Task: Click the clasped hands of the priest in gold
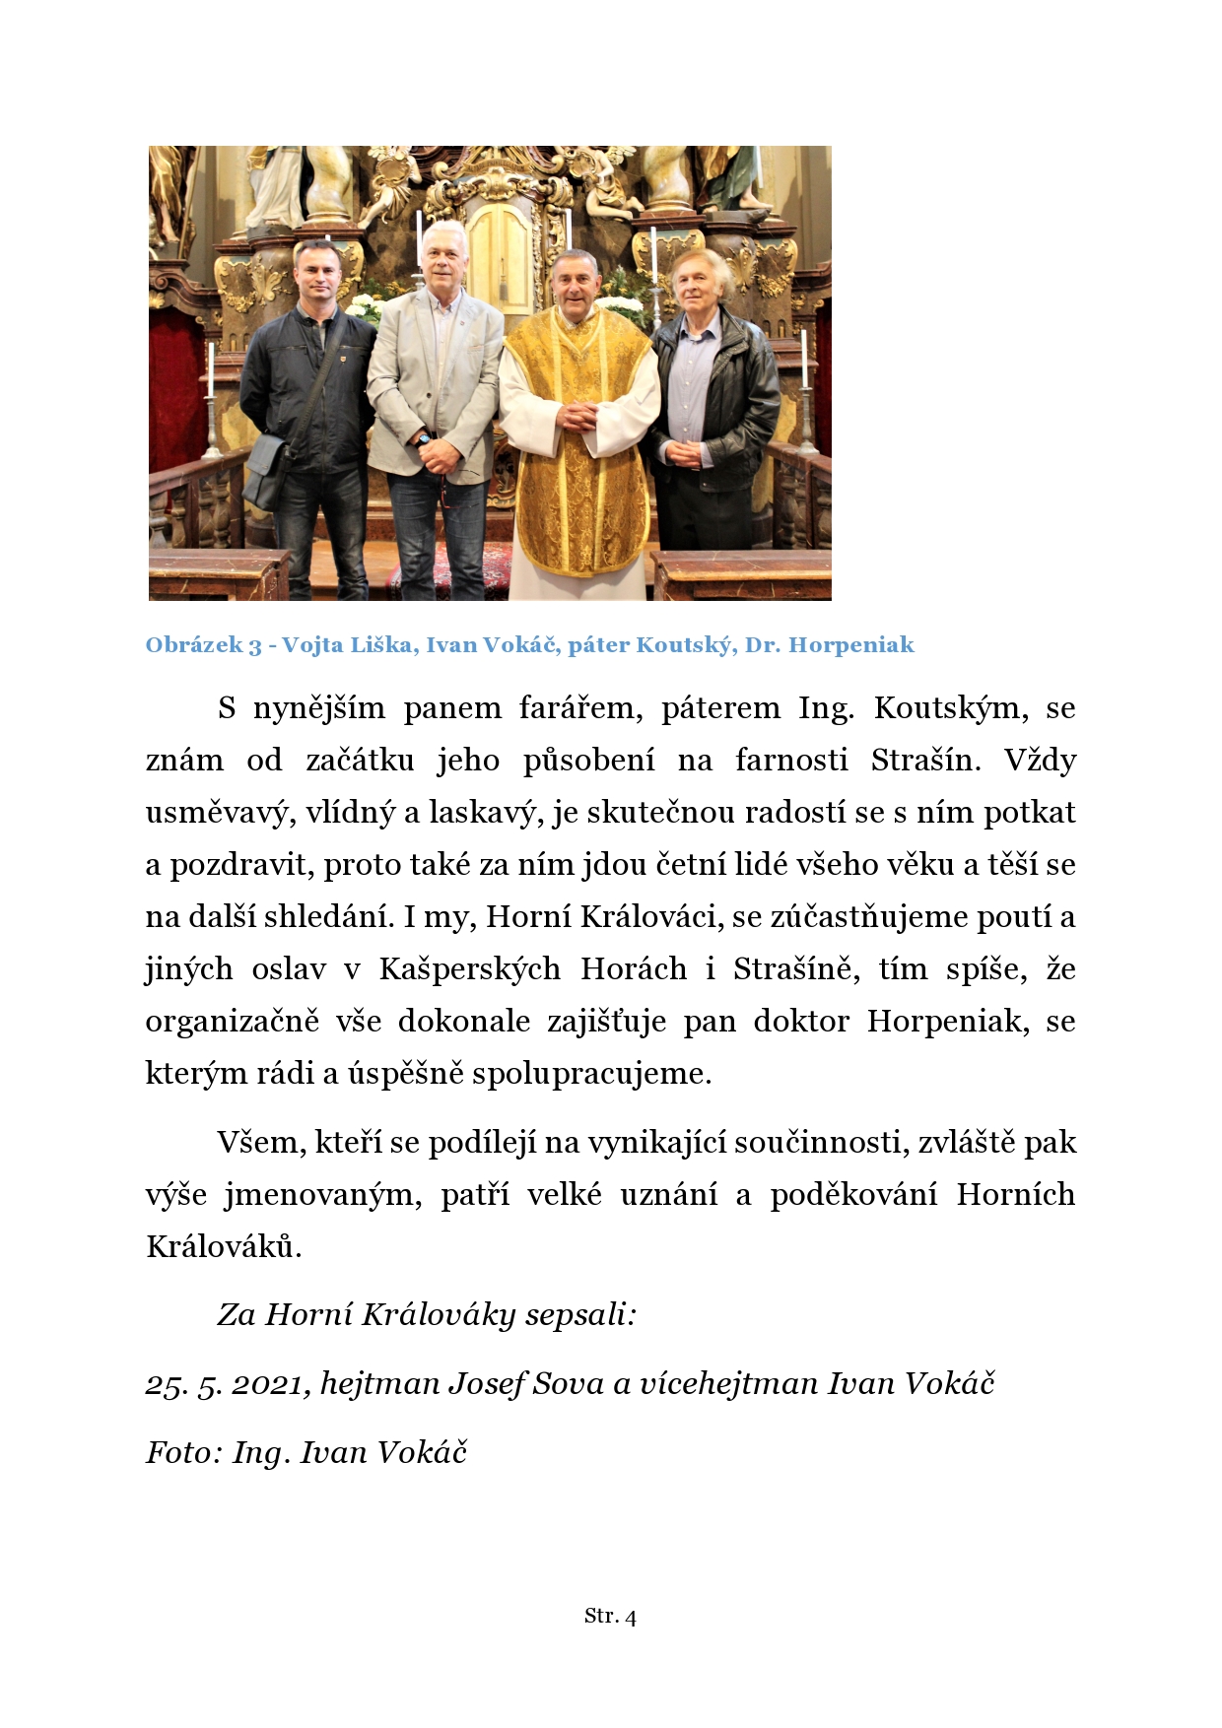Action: click(x=578, y=416)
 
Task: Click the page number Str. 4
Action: click(x=610, y=1616)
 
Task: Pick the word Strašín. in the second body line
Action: click(x=926, y=761)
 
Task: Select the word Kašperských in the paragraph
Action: click(x=470, y=969)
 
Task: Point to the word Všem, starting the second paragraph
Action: click(x=261, y=1143)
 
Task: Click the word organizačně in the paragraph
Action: click(x=232, y=1022)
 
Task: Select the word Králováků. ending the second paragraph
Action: click(x=224, y=1247)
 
